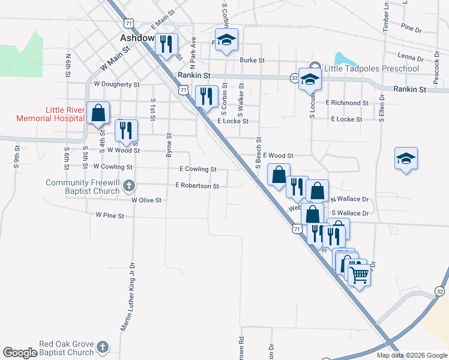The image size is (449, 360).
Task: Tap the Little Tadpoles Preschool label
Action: tap(371, 68)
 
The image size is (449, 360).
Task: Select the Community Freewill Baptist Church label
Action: tap(83, 187)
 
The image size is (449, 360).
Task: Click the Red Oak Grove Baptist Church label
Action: tap(67, 348)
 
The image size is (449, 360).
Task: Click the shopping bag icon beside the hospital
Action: tap(97, 112)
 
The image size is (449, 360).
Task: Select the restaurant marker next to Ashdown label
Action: tap(166, 43)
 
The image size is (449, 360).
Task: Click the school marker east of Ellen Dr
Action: tap(406, 158)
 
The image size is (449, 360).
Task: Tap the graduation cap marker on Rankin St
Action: tap(310, 79)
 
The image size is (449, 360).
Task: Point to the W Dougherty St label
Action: tap(116, 85)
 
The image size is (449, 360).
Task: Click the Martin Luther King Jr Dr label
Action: tap(128, 296)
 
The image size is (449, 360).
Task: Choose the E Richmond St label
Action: tap(347, 103)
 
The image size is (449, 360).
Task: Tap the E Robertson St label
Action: tap(197, 186)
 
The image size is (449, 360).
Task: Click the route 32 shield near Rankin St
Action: tap(294, 78)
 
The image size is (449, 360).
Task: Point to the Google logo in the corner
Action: tap(19, 353)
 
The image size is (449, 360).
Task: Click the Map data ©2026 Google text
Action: tap(411, 355)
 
